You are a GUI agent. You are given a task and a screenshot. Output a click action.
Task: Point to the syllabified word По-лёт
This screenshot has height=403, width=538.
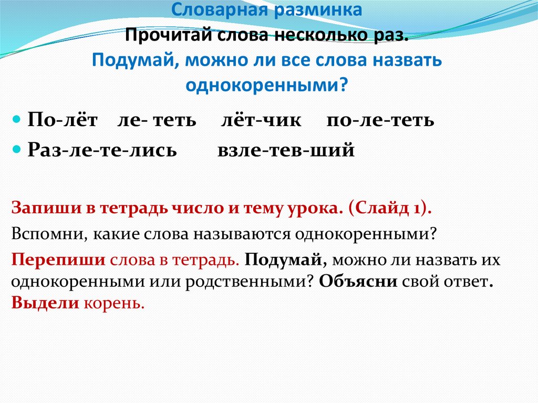[x=63, y=120]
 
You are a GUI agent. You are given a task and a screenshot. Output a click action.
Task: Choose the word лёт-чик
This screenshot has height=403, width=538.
[x=261, y=120]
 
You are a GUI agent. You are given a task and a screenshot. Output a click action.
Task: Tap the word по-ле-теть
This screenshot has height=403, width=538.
[x=380, y=120]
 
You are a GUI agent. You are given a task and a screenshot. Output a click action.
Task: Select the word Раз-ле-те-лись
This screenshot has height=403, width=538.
[x=102, y=150]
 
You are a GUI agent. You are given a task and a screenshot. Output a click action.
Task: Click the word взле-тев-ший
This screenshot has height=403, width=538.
[x=286, y=150]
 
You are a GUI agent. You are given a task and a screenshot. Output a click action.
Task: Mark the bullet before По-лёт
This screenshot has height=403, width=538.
[x=17, y=120]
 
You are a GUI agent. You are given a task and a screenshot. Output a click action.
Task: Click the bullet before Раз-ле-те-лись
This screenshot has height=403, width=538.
[x=17, y=150]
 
